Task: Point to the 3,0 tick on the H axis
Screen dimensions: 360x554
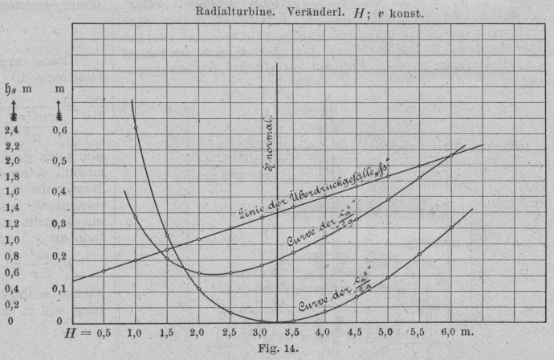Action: tap(259, 332)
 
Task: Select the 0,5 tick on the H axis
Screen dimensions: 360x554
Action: tap(104, 332)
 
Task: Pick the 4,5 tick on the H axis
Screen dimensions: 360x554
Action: tap(354, 332)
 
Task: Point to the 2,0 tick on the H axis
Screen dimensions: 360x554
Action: tap(198, 332)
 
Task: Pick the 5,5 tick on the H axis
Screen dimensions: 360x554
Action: tap(418, 332)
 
